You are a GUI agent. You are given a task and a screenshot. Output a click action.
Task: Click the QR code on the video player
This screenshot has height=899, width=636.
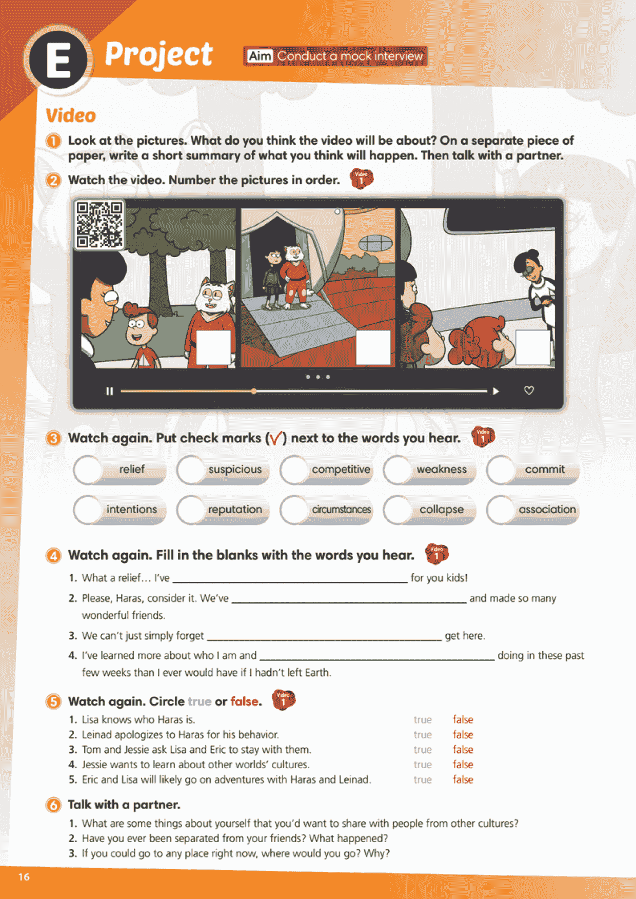(100, 225)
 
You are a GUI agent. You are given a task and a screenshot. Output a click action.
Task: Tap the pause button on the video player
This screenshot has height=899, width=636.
(109, 391)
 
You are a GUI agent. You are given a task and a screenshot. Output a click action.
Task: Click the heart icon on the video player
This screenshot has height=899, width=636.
(529, 390)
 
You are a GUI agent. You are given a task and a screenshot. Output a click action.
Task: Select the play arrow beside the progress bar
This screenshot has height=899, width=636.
(496, 391)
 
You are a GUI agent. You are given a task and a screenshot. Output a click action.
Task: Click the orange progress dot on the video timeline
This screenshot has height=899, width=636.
(254, 391)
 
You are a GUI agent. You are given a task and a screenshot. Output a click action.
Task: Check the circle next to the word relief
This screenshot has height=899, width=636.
(88, 470)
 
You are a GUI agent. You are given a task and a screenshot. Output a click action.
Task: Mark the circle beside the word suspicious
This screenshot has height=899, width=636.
(191, 470)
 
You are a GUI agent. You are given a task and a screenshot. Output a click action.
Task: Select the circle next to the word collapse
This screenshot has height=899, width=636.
(398, 510)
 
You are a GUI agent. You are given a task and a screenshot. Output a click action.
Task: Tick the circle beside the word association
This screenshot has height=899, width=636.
(501, 510)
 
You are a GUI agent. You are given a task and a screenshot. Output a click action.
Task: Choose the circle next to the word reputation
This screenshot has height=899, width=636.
(191, 510)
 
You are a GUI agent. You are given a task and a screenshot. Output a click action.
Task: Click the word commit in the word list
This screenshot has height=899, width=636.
(545, 469)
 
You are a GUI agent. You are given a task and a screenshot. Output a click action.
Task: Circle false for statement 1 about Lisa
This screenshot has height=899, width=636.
(463, 719)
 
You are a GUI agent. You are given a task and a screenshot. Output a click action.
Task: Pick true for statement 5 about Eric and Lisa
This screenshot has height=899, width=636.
(423, 779)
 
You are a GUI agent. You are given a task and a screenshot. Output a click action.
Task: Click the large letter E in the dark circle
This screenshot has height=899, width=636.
(58, 61)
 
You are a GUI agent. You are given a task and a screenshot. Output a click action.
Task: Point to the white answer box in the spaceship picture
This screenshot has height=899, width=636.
(373, 347)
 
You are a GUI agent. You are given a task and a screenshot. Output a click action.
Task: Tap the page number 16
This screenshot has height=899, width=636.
(24, 877)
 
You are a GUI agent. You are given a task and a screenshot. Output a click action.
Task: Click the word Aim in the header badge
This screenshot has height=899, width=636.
(260, 56)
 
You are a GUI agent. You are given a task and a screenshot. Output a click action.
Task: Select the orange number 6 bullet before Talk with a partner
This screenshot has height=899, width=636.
(53, 805)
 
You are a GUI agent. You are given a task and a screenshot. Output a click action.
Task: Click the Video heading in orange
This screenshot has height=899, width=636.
(71, 115)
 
